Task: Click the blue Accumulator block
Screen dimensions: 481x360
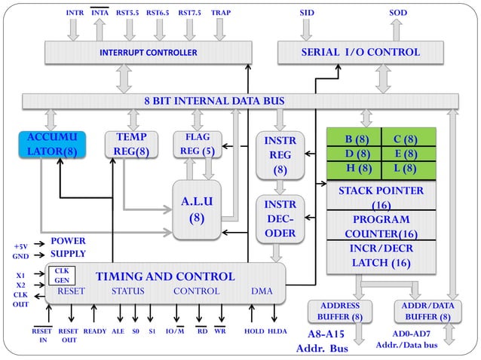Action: [x=52, y=145]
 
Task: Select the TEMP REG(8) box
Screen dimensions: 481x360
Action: [x=131, y=145]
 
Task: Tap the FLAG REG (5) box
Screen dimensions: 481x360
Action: [x=198, y=145]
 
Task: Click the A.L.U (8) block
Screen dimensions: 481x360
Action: [x=197, y=209]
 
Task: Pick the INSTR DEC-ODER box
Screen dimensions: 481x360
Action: [x=280, y=218]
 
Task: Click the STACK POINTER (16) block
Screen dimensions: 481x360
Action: [x=381, y=196]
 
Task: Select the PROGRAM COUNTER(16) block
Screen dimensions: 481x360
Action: [x=381, y=225]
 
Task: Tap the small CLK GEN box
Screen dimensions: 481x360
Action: [x=62, y=276]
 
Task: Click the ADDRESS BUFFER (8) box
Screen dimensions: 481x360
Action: [x=340, y=311]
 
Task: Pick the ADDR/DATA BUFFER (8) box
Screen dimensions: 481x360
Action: [x=428, y=311]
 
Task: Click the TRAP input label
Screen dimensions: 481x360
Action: [x=221, y=13]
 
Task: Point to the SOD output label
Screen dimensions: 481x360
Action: [x=398, y=13]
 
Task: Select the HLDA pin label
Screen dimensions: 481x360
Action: [x=277, y=331]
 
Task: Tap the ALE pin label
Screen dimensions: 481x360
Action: [x=118, y=331]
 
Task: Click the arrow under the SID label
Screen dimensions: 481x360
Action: [x=306, y=29]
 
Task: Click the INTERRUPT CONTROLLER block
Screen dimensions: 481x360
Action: [x=149, y=53]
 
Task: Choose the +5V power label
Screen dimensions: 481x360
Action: [x=20, y=246]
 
